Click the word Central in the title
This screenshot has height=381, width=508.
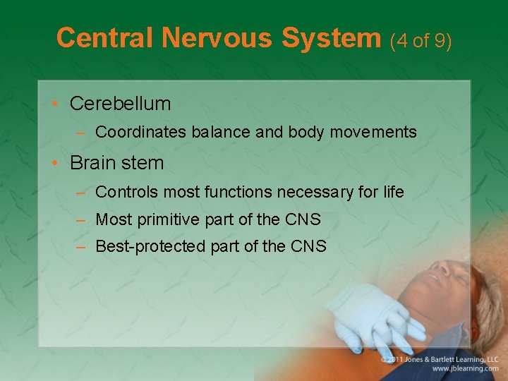tap(105, 38)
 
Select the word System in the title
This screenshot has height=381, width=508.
tap(332, 38)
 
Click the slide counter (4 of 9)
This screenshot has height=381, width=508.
tap(421, 40)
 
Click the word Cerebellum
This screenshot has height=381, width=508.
tap(120, 104)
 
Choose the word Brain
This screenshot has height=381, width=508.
tap(93, 163)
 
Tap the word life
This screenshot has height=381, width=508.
tap(392, 191)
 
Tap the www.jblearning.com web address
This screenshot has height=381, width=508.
tap(465, 369)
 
